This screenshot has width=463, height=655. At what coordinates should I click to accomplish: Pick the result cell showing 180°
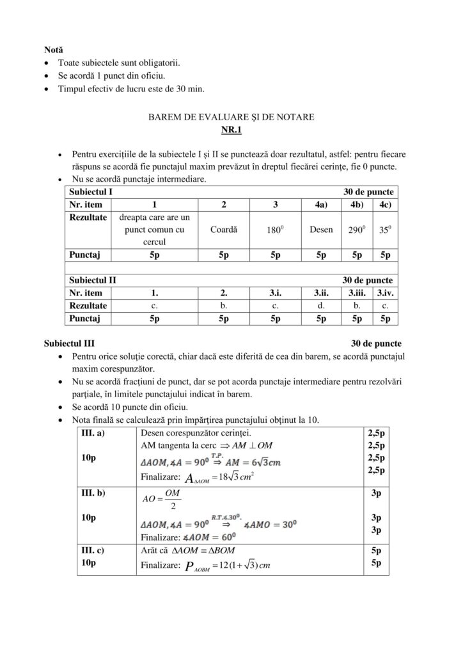coord(275,230)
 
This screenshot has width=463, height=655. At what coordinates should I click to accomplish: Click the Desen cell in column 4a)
coord(321,230)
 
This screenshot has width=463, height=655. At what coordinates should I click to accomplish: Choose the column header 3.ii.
coord(321,293)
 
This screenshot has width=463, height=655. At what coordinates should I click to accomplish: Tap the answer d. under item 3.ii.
coord(321,306)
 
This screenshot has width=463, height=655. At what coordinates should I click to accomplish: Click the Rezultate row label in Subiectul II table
coord(88,306)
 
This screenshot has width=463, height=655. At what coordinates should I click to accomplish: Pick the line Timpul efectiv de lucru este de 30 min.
coord(131,89)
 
